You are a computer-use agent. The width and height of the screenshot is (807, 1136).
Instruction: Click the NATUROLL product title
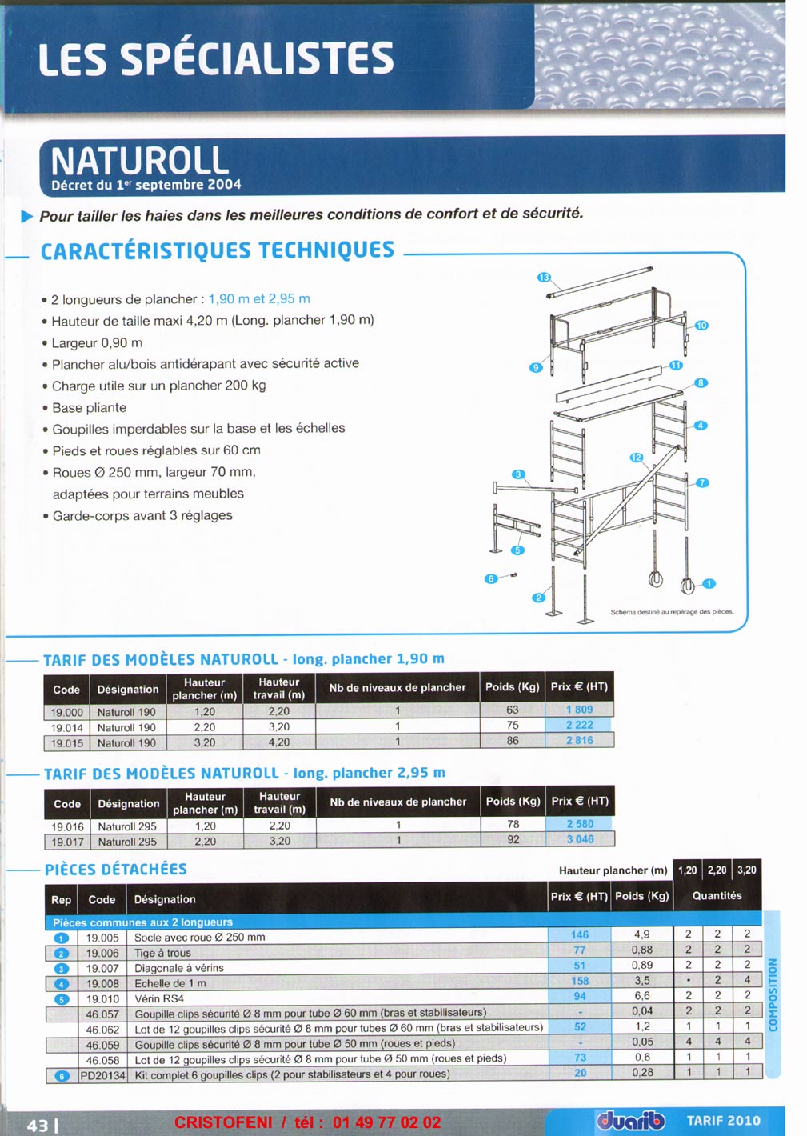tap(140, 161)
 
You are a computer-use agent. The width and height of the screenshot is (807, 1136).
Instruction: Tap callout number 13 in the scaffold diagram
tap(544, 277)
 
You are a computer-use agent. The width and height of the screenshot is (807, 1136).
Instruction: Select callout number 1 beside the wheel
tap(709, 584)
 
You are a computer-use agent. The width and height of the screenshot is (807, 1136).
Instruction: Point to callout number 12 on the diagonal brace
tap(637, 458)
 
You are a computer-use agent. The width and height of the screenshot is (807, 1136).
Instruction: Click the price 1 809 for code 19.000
tap(580, 710)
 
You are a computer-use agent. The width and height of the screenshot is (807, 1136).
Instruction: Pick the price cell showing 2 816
tap(580, 741)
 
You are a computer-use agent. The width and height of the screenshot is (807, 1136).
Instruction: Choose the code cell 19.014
tap(66, 727)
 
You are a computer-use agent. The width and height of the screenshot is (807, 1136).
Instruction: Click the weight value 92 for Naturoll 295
tap(513, 840)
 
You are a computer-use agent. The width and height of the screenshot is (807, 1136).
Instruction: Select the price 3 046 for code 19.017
tap(580, 840)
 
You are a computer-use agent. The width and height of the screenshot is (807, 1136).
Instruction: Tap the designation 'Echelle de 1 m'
tap(170, 983)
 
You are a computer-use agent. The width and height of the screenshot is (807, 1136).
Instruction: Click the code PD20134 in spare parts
tap(103, 1075)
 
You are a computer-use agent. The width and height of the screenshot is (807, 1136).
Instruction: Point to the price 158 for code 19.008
tap(580, 981)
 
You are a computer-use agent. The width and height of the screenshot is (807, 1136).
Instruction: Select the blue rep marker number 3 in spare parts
tap(62, 969)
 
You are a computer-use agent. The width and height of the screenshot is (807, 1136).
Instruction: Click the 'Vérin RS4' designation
tap(159, 998)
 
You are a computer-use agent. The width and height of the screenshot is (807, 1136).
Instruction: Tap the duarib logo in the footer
tap(630, 1121)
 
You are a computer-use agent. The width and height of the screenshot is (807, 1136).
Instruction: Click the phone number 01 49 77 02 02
tap(386, 1122)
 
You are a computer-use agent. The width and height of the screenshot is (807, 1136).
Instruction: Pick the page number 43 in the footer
tap(38, 1126)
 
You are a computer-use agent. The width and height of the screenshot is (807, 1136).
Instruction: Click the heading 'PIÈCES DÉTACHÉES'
tap(116, 870)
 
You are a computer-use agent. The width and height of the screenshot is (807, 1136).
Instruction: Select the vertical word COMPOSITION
tap(773, 994)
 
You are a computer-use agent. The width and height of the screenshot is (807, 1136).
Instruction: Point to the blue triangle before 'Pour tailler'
tap(27, 216)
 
